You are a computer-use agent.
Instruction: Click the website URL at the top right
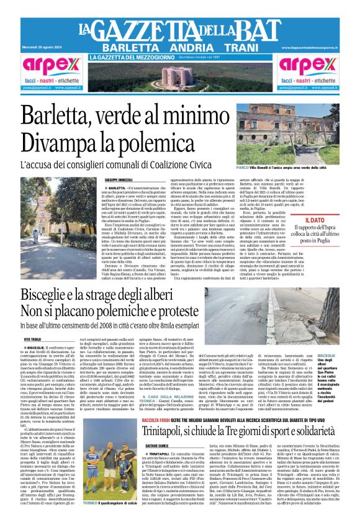click(315, 48)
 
